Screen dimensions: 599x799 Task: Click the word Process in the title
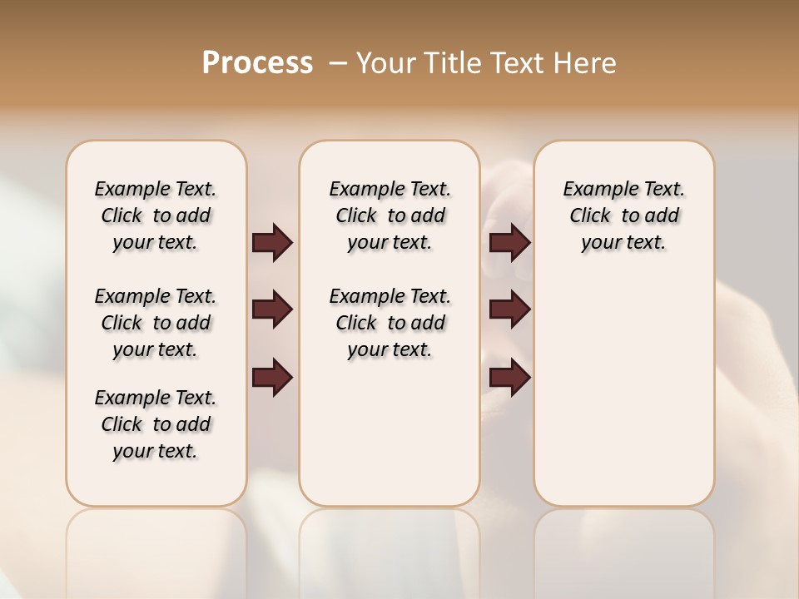pos(257,63)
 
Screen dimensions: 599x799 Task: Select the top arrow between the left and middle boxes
pos(272,242)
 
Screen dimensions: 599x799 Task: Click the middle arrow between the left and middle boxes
pos(272,310)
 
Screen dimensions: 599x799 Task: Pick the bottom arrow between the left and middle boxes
pos(272,378)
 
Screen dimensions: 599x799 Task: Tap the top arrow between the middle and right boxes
pos(509,242)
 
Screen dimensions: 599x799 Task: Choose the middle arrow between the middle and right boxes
pos(509,310)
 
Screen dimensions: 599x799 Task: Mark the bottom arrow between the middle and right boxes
pos(509,378)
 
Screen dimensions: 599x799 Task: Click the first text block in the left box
pos(156,215)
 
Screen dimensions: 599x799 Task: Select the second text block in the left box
pos(156,323)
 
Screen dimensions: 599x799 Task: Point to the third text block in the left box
pos(156,424)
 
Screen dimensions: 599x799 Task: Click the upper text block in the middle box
pos(390,215)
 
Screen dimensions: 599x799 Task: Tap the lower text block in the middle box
pos(390,323)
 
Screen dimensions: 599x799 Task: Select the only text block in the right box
pos(624,215)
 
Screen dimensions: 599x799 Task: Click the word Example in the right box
pos(594,189)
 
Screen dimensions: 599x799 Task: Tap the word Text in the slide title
pos(518,63)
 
